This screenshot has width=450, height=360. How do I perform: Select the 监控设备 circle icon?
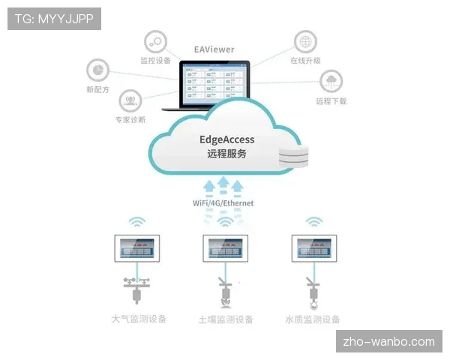[155, 40]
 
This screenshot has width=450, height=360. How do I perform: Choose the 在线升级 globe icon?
[304, 40]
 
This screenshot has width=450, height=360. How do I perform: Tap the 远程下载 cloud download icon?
[331, 80]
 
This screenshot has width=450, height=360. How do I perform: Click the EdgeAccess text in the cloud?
[226, 139]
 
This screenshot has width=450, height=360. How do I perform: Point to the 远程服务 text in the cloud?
[226, 154]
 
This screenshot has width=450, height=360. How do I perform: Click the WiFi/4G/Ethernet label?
[223, 202]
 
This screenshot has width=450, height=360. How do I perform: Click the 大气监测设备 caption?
[138, 319]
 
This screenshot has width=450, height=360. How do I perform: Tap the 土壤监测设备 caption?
[226, 319]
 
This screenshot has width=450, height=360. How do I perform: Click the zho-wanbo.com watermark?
[388, 342]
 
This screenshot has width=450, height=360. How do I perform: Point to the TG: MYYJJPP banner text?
[53, 19]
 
